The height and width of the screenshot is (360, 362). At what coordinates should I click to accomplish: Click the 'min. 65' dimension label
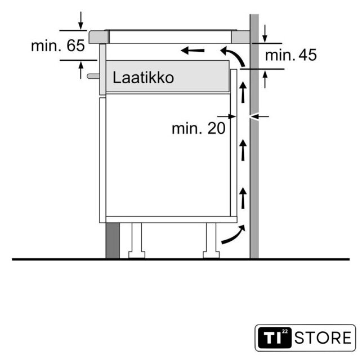58,46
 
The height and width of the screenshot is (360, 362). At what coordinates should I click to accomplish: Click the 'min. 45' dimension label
291,55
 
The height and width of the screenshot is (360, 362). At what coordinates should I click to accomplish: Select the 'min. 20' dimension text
199,128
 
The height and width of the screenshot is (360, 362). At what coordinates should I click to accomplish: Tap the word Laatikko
143,78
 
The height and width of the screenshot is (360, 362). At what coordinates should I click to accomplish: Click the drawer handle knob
93,76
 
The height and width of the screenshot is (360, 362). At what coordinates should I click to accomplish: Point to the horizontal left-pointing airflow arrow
193,50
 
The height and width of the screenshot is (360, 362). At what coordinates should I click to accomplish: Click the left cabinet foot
137,240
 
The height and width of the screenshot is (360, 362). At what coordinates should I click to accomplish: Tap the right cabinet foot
211,240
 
